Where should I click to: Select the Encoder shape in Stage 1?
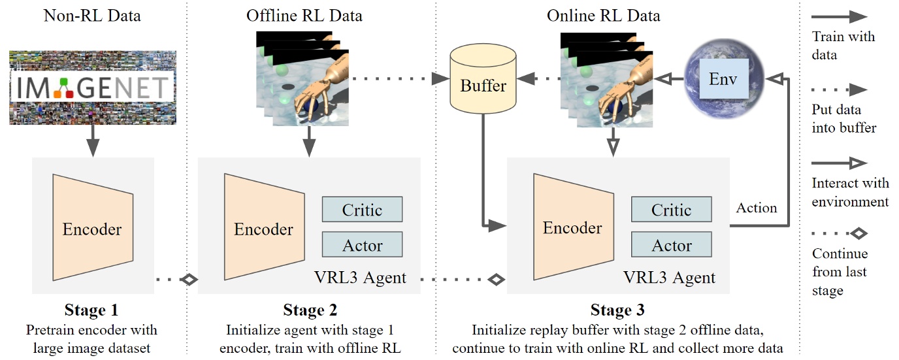point(93,229)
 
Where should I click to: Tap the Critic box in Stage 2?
point(362,209)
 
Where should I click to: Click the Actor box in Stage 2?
point(362,245)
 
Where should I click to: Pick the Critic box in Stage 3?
point(671,210)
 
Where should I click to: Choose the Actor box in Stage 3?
point(671,246)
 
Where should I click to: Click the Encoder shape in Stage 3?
point(572,227)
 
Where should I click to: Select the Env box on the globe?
point(723,80)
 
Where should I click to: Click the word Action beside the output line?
point(757,208)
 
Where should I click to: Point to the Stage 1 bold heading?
point(92,310)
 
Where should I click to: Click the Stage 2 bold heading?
point(310,310)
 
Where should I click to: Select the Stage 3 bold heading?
point(617,310)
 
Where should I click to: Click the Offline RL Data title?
point(304,15)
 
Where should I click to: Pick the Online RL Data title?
point(604,15)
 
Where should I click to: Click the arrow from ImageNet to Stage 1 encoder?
point(93,140)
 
